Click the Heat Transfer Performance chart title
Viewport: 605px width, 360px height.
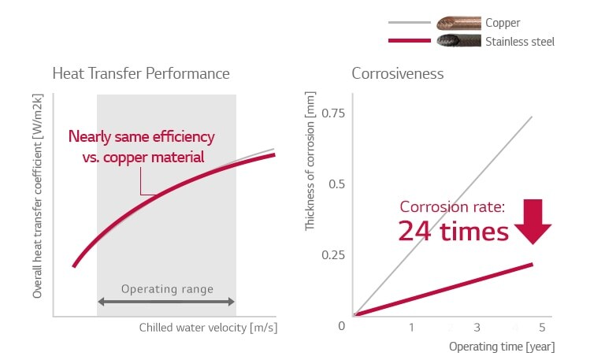[x=141, y=74]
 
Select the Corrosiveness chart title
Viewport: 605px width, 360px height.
[x=398, y=74]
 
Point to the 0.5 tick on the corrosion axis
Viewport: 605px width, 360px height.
[x=337, y=184]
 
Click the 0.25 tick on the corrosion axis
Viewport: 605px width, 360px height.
[x=333, y=255]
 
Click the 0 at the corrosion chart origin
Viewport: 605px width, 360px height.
[x=342, y=326]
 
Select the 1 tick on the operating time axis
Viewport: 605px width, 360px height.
[x=411, y=327]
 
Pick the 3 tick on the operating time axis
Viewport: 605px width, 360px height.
[x=477, y=327]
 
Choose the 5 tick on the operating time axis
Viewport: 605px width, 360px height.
[x=542, y=327]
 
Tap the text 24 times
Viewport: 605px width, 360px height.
[x=453, y=232]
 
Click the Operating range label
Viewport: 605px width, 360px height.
[x=167, y=289]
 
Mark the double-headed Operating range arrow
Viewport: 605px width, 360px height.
[x=166, y=302]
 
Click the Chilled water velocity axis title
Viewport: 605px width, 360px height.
[x=209, y=327]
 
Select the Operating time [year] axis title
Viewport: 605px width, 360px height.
[x=502, y=347]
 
